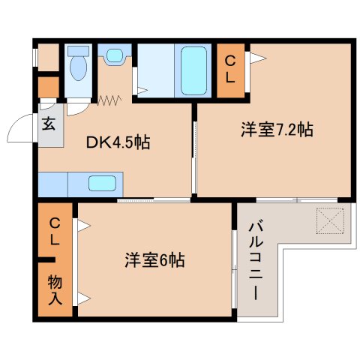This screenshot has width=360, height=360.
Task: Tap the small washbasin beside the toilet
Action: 114,55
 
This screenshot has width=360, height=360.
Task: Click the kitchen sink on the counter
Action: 102,183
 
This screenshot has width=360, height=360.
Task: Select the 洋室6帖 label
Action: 154,261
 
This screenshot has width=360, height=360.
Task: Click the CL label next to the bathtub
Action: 230,69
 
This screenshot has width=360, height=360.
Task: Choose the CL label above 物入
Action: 55,232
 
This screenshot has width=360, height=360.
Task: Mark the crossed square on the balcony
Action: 329,219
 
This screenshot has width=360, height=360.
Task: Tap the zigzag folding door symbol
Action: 109,99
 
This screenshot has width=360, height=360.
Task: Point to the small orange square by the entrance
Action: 47,87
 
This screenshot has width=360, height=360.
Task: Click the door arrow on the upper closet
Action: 256,56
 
